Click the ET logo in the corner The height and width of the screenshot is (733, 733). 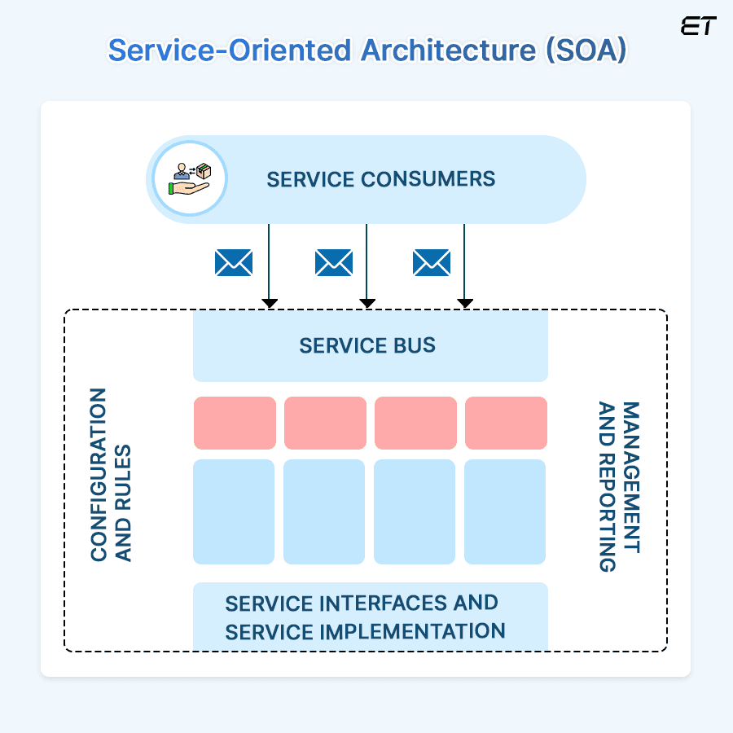click(x=698, y=26)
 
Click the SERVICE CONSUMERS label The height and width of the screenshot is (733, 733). click(x=381, y=179)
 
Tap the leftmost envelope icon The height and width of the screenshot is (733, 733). click(x=234, y=263)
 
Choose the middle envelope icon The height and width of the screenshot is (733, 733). click(x=334, y=263)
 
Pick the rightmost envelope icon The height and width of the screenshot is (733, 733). click(x=432, y=263)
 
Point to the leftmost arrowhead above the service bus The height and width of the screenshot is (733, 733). click(x=270, y=303)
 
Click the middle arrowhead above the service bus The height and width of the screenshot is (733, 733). click(x=367, y=303)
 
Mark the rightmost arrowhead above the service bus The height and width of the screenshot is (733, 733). click(x=465, y=303)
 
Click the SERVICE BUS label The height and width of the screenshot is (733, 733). click(x=367, y=345)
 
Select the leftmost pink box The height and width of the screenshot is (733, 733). click(x=235, y=423)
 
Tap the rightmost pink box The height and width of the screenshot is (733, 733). click(x=506, y=423)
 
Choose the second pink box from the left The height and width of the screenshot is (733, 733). click(x=325, y=423)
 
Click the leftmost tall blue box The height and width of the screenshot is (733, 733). click(x=234, y=511)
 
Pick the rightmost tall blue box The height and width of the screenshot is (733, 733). click(x=505, y=511)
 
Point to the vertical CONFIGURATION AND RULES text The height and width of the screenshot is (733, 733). click(x=111, y=475)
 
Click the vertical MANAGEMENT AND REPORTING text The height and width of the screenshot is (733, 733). click(x=619, y=486)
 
